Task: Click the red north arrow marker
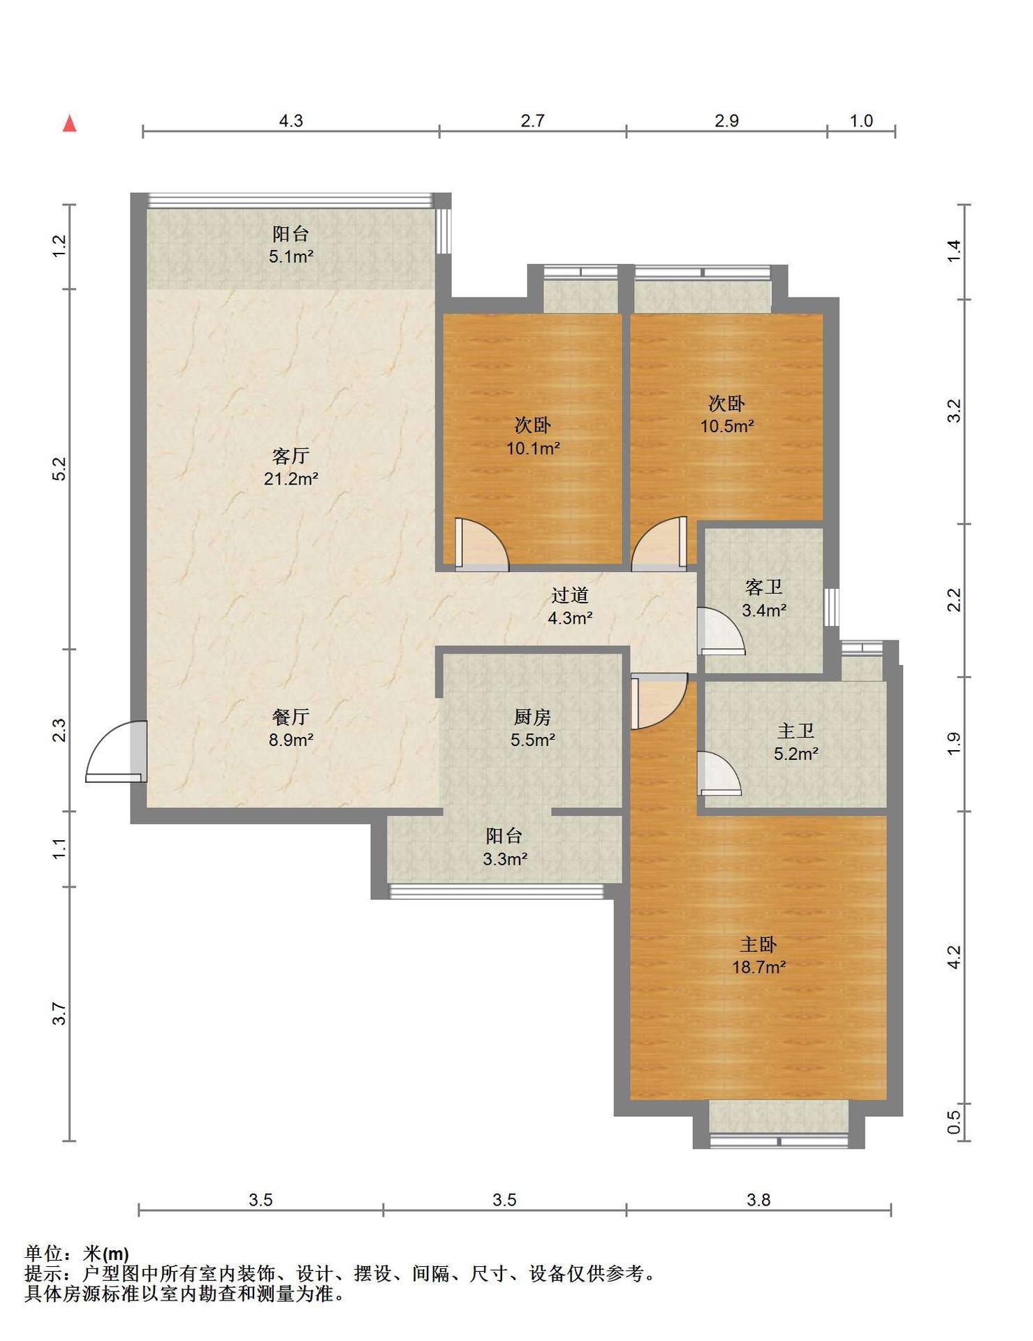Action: click(69, 124)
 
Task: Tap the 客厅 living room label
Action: click(291, 456)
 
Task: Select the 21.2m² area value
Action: click(291, 479)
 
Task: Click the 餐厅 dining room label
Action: click(291, 717)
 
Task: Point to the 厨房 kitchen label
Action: click(532, 717)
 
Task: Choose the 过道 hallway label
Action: click(570, 595)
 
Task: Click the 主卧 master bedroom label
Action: click(759, 944)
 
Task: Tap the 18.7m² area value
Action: click(759, 967)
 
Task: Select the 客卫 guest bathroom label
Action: click(764, 587)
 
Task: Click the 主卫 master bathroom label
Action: click(796, 731)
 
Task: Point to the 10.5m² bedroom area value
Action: click(727, 426)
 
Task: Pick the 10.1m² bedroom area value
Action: click(533, 448)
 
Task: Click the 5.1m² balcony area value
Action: click(291, 256)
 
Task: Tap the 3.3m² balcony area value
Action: click(505, 859)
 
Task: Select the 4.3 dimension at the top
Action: click(291, 121)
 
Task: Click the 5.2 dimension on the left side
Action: click(59, 468)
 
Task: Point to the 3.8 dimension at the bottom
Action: click(759, 1200)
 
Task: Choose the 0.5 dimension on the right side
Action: click(954, 1122)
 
